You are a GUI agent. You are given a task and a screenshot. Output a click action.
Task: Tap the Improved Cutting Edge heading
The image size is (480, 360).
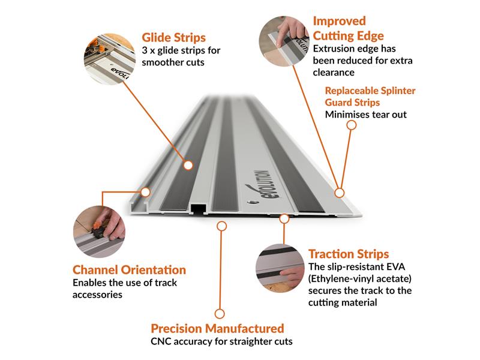[348, 28]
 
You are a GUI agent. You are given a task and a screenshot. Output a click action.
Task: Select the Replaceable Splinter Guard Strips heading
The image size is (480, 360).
[370, 97]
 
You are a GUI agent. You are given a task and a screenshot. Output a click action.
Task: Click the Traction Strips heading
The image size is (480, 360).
[349, 254]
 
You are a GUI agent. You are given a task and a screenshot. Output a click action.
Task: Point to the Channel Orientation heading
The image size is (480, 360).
[129, 270]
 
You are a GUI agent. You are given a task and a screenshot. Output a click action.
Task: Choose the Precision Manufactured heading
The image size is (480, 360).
[217, 329]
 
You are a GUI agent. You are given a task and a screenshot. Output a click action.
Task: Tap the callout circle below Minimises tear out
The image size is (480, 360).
[352, 125]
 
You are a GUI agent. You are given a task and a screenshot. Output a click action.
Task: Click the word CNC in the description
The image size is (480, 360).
[162, 343]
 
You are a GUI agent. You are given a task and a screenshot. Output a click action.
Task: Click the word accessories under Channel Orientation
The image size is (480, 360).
[97, 295]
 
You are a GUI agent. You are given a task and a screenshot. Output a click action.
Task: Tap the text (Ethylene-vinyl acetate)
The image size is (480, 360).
[361, 279]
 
